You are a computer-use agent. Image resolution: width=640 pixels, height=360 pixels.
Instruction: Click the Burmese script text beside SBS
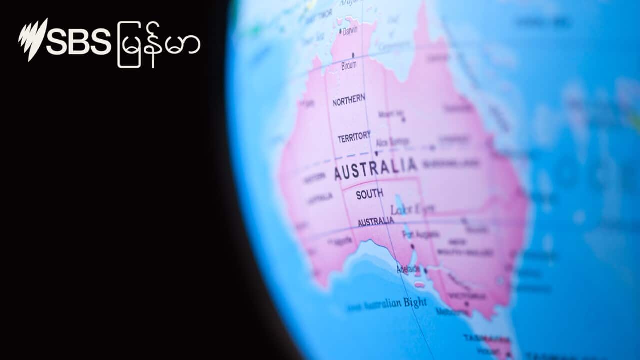[x=159, y=44]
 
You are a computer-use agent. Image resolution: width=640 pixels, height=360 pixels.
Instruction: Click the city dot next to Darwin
[x=340, y=31]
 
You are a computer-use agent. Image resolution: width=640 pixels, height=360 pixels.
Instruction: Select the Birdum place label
[x=349, y=65]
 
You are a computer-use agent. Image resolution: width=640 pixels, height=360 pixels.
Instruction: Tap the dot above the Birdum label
[x=353, y=55]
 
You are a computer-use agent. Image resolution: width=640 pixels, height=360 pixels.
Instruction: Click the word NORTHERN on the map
[x=349, y=100]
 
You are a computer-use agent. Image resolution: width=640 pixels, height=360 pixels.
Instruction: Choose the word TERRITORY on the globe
[x=354, y=137]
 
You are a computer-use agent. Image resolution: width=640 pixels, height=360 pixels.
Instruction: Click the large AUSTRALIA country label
[x=375, y=169]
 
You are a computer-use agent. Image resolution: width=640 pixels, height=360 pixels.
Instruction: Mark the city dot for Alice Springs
[x=376, y=153]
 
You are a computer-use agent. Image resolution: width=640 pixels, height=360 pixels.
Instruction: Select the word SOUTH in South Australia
[x=370, y=194]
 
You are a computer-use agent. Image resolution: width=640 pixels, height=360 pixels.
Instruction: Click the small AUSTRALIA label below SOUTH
[x=376, y=221]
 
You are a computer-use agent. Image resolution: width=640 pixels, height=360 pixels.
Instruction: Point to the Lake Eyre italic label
[x=412, y=209]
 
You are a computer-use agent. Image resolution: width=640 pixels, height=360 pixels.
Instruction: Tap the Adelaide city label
[x=408, y=269]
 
